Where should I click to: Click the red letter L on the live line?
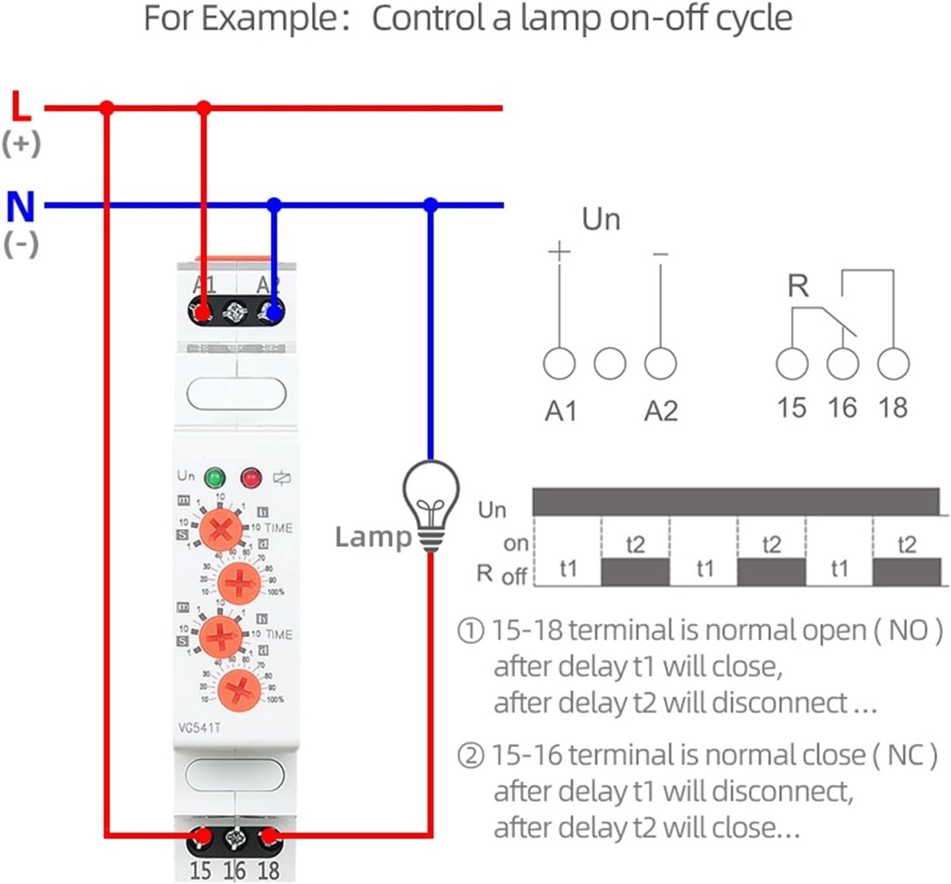(21, 106)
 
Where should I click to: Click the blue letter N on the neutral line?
(20, 206)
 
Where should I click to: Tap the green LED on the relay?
(215, 479)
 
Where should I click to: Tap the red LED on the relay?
(251, 479)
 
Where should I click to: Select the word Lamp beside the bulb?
(373, 537)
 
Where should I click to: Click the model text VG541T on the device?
(199, 728)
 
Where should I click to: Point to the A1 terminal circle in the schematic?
(559, 363)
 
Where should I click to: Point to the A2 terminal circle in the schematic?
(661, 363)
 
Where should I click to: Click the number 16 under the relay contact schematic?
(842, 408)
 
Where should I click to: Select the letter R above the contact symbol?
(798, 286)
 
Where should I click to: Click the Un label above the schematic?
(601, 219)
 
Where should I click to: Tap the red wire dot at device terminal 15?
(203, 836)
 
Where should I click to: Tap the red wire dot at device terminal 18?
(270, 836)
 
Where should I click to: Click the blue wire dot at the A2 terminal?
(274, 314)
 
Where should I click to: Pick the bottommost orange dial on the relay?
(239, 689)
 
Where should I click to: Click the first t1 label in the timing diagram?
(568, 568)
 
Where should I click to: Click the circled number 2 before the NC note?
(470, 755)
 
